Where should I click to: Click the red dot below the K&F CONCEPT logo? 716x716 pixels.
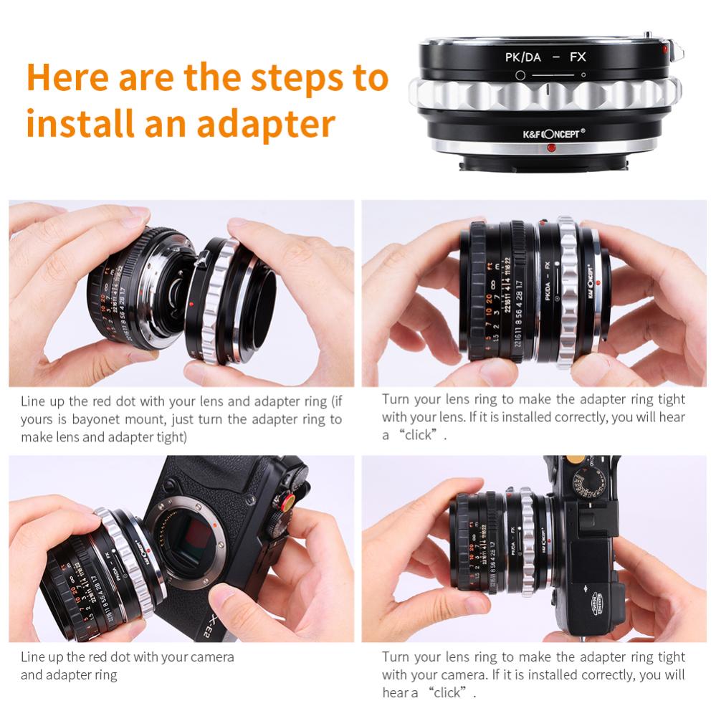(551, 148)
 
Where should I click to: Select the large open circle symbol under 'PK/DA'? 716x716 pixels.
(518, 75)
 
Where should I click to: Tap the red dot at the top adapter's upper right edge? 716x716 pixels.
(666, 49)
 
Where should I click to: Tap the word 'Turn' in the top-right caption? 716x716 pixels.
(396, 399)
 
